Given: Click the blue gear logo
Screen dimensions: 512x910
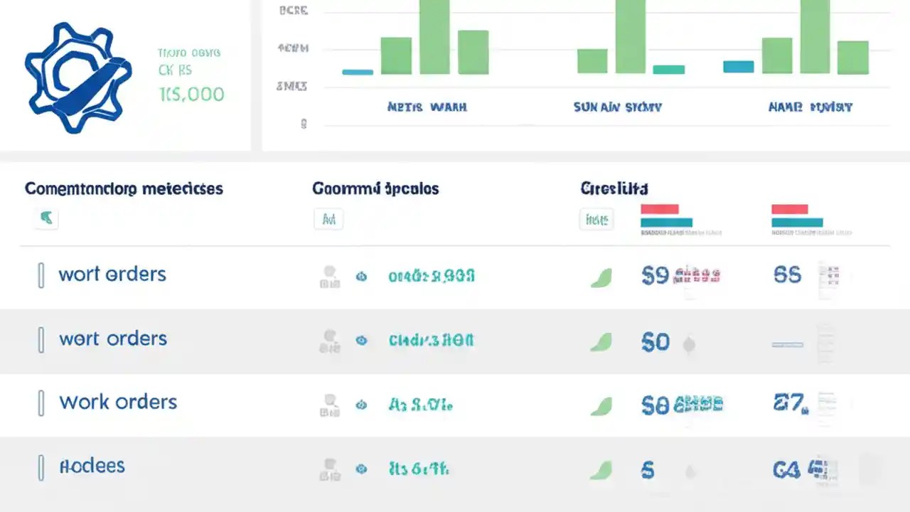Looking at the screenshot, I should point(77,78).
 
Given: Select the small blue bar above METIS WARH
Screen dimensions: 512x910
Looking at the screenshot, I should point(358,72).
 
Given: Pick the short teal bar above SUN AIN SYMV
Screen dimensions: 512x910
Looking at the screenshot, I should point(668,70).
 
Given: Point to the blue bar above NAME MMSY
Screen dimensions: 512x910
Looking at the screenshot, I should point(738,67).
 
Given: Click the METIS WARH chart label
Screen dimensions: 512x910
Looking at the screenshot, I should point(427,107).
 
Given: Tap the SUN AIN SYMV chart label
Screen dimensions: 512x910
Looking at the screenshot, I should point(617,107).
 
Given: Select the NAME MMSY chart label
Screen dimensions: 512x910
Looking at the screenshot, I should point(810,107).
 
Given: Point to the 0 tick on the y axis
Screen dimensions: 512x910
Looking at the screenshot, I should point(304,124).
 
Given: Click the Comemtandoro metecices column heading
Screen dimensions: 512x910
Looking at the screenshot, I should point(124,189).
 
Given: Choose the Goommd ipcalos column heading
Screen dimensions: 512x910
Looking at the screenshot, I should point(375,189).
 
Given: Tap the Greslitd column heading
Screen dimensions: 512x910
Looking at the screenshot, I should point(614,189).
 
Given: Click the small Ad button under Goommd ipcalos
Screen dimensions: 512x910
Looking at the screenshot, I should point(328,220).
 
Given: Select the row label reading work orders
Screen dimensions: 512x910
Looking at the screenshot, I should point(118,402).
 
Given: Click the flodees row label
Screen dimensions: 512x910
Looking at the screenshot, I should point(92,466).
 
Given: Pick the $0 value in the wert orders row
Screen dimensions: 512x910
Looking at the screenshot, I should point(655,343).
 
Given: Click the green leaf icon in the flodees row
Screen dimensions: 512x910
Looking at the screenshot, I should point(601,469).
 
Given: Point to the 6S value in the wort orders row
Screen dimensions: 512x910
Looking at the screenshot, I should point(787,275).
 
